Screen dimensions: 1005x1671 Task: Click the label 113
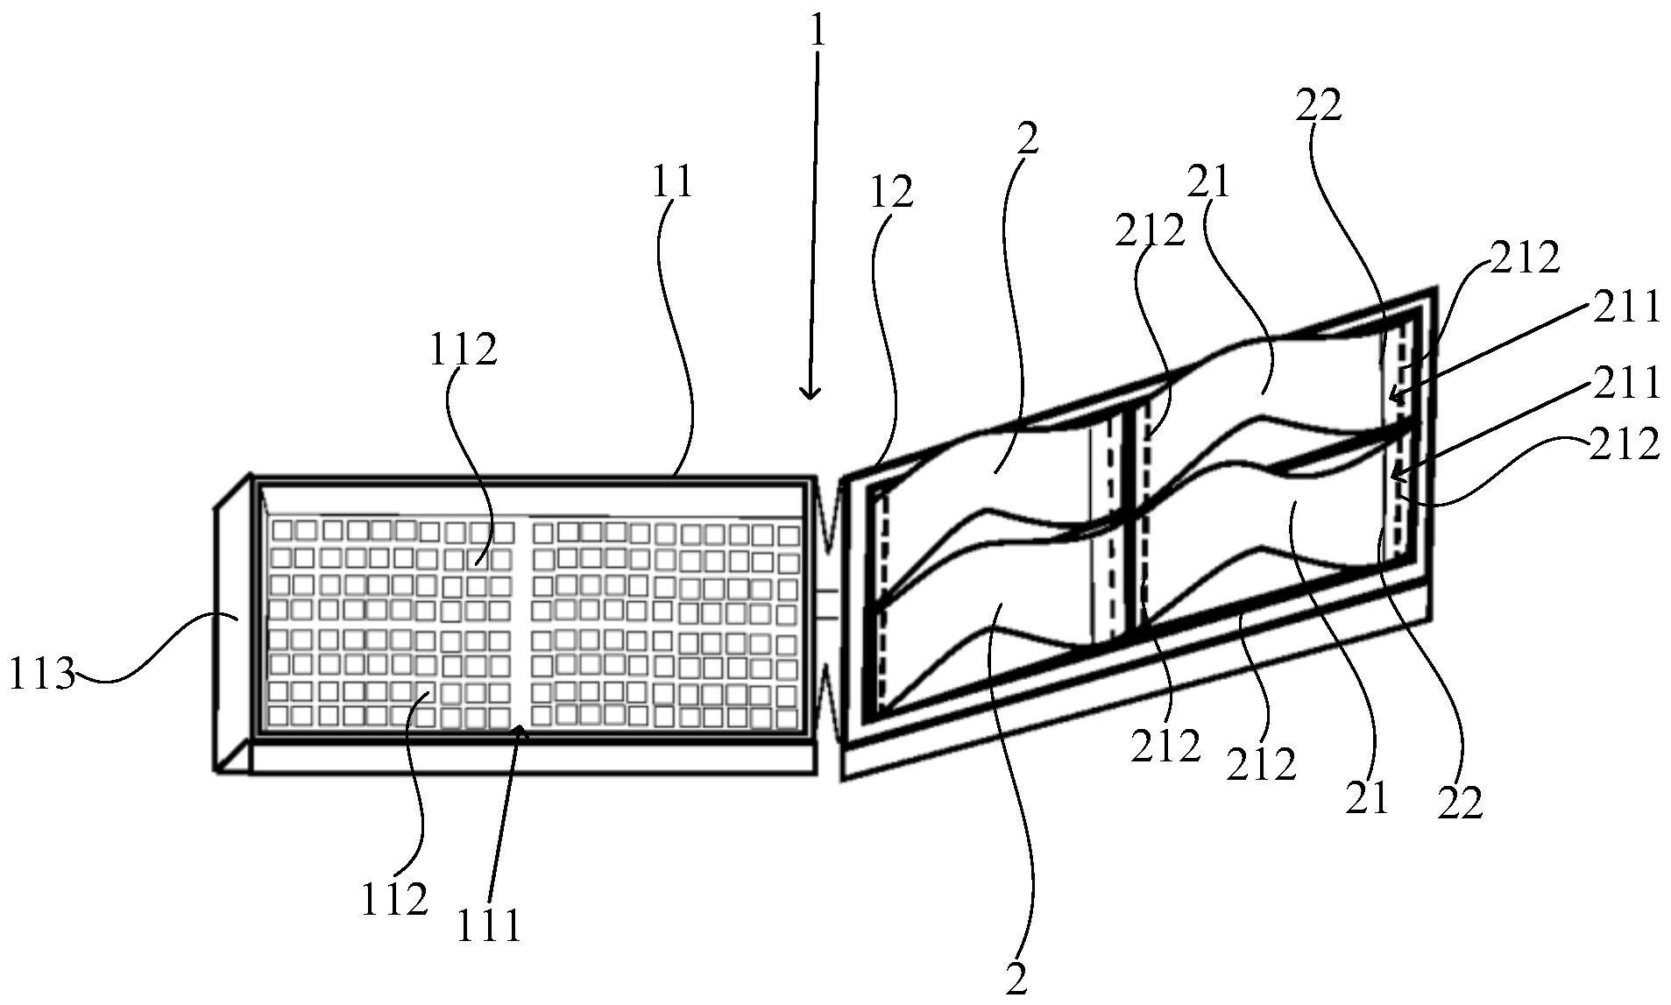point(41,675)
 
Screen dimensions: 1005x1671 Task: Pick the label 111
point(489,925)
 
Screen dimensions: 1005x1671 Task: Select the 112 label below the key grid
point(394,899)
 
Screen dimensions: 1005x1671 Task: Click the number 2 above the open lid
point(1028,138)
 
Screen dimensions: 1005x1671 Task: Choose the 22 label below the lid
point(1460,803)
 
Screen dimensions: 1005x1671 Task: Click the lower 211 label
point(1627,383)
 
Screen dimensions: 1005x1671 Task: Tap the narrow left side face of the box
point(234,624)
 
